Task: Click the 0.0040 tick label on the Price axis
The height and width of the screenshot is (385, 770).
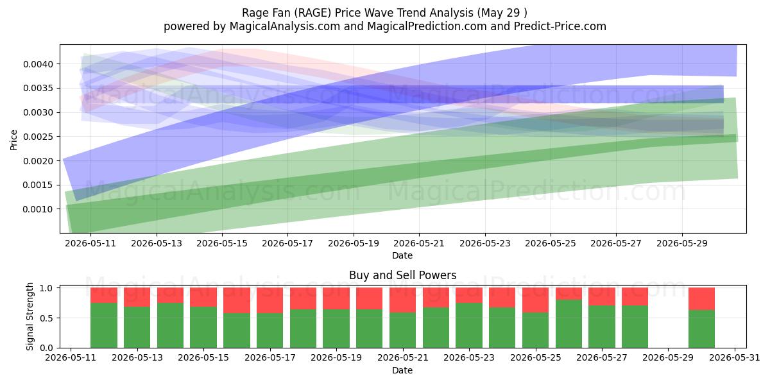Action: pyautogui.click(x=38, y=64)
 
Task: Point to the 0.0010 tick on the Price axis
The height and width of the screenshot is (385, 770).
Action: pyautogui.click(x=38, y=209)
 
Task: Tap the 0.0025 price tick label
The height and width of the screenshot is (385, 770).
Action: pyautogui.click(x=38, y=137)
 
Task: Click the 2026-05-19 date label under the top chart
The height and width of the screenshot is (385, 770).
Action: pyautogui.click(x=354, y=243)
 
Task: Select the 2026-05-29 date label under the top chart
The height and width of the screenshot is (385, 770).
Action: pyautogui.click(x=682, y=243)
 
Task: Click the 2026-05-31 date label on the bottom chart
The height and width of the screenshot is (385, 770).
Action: pyautogui.click(x=735, y=358)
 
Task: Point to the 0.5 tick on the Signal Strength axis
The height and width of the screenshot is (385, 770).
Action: pyautogui.click(x=46, y=318)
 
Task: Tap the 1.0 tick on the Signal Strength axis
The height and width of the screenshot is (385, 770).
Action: pyautogui.click(x=46, y=288)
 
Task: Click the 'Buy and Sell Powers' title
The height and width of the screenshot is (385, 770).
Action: pyautogui.click(x=402, y=275)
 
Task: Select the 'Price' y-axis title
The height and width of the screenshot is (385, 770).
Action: pyautogui.click(x=13, y=140)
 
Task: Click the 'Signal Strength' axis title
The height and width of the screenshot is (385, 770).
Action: pyautogui.click(x=30, y=316)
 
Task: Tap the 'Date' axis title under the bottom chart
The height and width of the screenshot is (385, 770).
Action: pyautogui.click(x=402, y=370)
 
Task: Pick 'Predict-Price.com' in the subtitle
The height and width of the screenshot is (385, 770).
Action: pyautogui.click(x=560, y=26)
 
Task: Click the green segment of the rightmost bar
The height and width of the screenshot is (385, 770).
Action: pyautogui.click(x=701, y=329)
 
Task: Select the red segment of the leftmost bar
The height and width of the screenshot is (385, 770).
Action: pyautogui.click(x=104, y=295)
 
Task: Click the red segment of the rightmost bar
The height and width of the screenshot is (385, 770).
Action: pyautogui.click(x=701, y=299)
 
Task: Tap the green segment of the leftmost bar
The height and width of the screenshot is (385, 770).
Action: pyautogui.click(x=104, y=325)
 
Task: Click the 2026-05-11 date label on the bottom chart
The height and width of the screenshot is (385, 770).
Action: pyautogui.click(x=71, y=358)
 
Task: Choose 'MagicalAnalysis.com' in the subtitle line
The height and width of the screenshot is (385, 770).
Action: pyautogui.click(x=285, y=26)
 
